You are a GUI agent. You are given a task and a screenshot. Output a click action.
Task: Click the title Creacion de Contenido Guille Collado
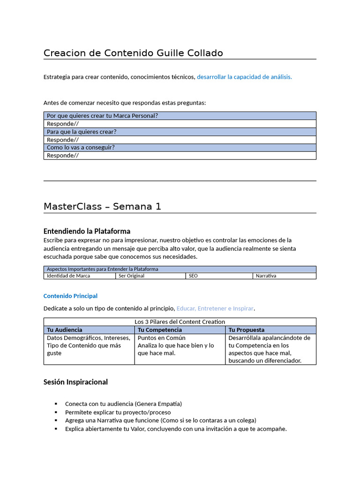[x=133, y=53]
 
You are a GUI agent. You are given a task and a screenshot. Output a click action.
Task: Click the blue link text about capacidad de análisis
[x=244, y=77]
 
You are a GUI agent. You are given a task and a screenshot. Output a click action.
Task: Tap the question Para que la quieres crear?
[x=82, y=132]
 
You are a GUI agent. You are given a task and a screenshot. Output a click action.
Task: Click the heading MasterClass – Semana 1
[x=102, y=207]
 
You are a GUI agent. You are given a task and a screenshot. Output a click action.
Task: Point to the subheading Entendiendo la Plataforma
[x=87, y=231]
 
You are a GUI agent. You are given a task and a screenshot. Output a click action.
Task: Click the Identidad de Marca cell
[x=68, y=276]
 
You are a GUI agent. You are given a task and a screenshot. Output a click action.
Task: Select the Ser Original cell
[x=132, y=276]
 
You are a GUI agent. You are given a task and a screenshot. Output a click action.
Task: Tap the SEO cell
[x=193, y=276]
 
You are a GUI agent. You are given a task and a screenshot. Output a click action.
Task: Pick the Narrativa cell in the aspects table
[x=266, y=276]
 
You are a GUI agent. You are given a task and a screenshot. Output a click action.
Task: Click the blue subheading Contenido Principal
[x=70, y=296]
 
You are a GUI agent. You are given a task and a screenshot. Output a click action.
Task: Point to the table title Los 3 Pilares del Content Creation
[x=180, y=322]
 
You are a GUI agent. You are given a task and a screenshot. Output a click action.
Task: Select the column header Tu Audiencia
[x=65, y=330]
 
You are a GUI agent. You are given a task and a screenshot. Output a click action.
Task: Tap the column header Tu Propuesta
[x=247, y=330]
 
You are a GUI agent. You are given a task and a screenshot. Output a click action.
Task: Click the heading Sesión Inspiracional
[x=75, y=382]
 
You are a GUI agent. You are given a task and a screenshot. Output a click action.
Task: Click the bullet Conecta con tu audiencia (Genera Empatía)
[x=123, y=404]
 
